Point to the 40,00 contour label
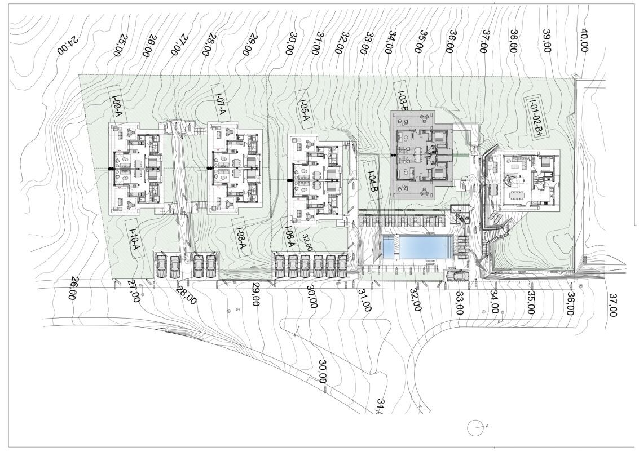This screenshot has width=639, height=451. point(584,40)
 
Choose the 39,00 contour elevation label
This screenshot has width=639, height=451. point(547,41)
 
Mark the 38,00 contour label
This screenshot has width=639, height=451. point(513,41)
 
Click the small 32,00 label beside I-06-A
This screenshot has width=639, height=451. point(307,242)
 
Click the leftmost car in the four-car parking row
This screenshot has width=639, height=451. point(161,267)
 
